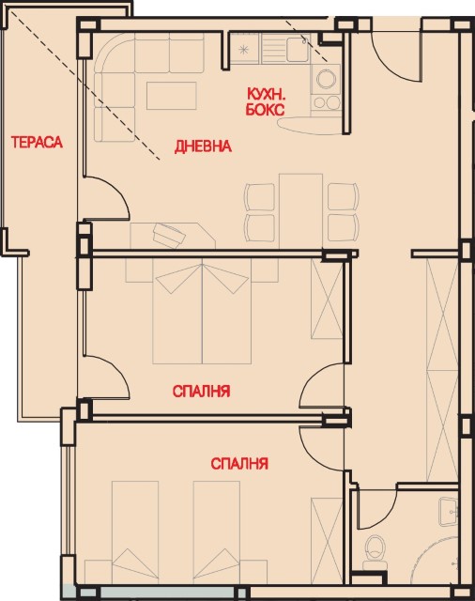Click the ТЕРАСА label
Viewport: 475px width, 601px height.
point(37,142)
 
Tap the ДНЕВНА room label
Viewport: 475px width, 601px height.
point(203,146)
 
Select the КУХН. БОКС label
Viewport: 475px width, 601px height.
point(265,101)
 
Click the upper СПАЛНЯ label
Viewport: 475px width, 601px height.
point(201,392)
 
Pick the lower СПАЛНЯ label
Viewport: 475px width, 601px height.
point(239,463)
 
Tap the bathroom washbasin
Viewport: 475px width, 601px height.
point(449,512)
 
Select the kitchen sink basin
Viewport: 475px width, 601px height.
point(298,49)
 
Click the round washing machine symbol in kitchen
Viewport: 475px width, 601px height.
point(326,79)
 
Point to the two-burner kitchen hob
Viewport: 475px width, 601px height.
point(327,102)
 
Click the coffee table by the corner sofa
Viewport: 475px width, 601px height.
point(171,96)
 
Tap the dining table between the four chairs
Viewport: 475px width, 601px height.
point(300,211)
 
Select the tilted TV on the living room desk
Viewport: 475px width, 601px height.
point(169,234)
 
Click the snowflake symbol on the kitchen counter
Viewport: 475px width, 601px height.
point(244,50)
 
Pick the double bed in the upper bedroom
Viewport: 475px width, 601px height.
point(202,311)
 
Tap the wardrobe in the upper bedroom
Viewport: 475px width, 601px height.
point(327,299)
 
